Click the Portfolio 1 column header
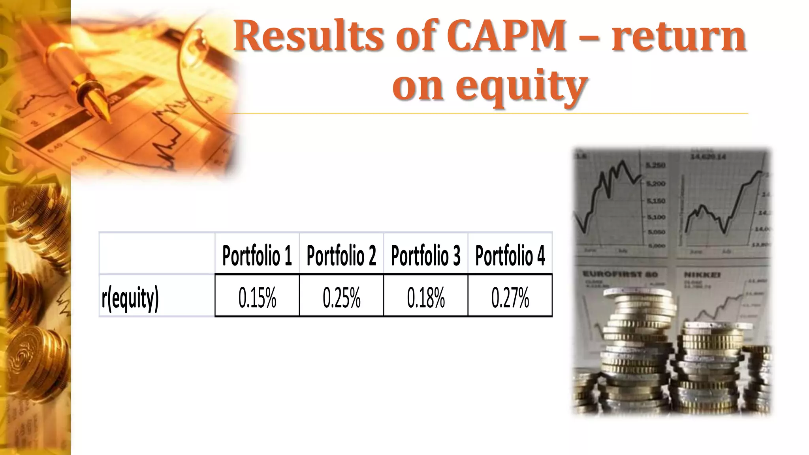click(x=257, y=256)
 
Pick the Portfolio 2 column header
click(x=341, y=256)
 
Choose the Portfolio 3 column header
click(x=425, y=256)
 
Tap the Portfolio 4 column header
click(x=510, y=256)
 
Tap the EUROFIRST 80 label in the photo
click(x=620, y=274)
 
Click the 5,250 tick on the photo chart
click(x=656, y=165)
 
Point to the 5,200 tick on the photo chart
click(x=656, y=184)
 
